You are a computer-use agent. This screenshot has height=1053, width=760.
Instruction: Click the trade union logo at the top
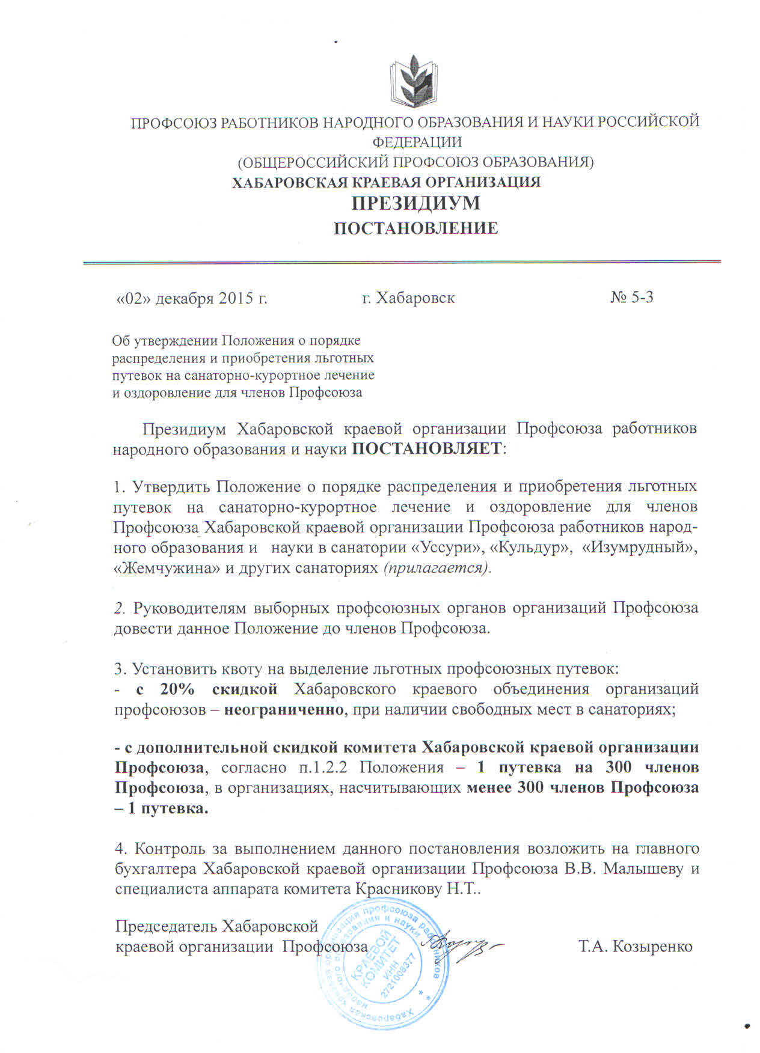(415, 80)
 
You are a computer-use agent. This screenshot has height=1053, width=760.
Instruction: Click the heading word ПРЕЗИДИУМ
(415, 203)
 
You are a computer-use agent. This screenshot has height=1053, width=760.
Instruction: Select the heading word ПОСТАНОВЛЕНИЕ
(415, 228)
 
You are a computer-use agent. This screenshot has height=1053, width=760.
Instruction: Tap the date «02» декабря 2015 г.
(191, 298)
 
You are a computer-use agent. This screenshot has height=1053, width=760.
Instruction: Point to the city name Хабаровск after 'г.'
(415, 298)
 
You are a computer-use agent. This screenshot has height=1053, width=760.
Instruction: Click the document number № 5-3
(631, 297)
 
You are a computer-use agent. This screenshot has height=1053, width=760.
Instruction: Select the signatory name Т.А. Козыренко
(635, 947)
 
